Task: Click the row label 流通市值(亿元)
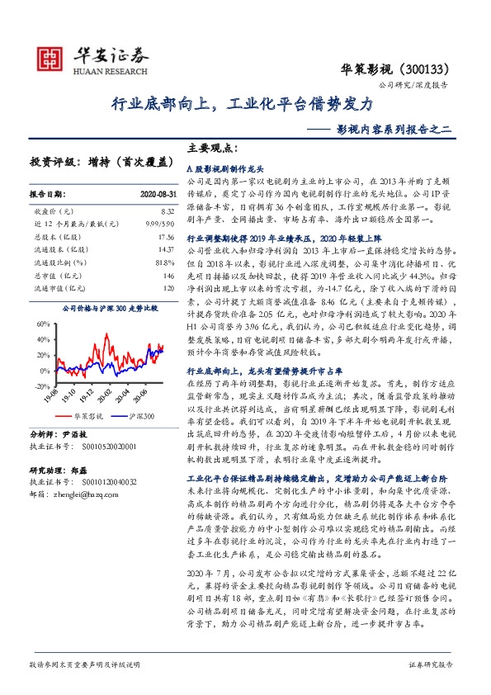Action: pyautogui.click(x=52, y=288)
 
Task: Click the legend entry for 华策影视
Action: pyautogui.click(x=89, y=418)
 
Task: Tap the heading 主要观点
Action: pyautogui.click(x=212, y=149)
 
